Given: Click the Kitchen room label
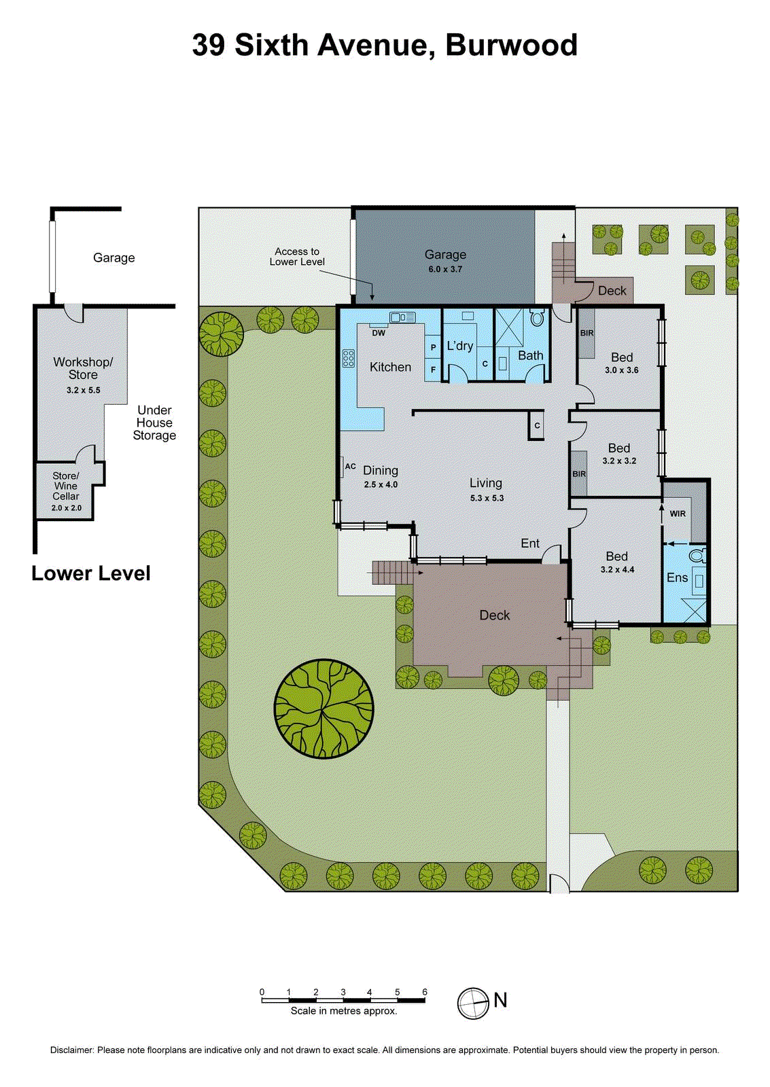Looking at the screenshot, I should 390,367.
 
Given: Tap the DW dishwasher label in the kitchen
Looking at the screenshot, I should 379,333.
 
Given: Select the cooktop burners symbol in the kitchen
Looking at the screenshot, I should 349,358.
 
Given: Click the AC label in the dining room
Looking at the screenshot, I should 351,466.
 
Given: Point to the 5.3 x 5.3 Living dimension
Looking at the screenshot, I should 487,498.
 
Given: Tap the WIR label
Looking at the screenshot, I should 678,514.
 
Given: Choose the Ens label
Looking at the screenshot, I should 677,577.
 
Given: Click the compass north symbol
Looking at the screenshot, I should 473,1003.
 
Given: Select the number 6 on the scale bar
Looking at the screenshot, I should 425,992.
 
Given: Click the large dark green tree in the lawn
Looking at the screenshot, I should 324,709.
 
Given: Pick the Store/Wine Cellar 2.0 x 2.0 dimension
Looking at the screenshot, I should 67,507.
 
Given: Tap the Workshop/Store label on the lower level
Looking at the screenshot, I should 83,368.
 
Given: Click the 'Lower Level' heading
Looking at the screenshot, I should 91,573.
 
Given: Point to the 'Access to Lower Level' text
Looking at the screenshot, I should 297,257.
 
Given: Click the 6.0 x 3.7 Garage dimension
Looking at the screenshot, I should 445,269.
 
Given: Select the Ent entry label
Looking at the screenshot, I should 530,543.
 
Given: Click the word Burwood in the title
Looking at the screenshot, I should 511,45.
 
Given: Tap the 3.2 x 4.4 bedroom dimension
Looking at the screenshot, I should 617,569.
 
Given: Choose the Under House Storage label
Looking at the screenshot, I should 154,423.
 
